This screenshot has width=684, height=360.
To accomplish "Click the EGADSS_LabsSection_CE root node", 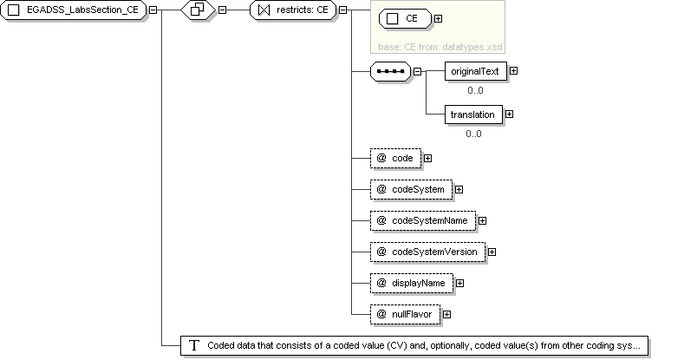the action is tap(74, 10).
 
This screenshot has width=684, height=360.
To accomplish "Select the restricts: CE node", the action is tap(293, 10).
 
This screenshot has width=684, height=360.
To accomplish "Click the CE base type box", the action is tap(405, 19).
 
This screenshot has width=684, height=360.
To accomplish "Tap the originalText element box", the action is tap(476, 71).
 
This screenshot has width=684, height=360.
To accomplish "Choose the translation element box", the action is tap(473, 115).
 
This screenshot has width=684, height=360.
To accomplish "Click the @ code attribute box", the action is tap(395, 159).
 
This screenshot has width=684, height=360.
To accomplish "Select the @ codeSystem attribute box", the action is tap(412, 189).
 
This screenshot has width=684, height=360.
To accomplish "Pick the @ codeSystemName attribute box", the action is tap(423, 221).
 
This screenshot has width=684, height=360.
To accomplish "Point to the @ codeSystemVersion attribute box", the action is tap(428, 252).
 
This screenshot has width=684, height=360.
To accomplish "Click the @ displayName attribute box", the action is tap(412, 283).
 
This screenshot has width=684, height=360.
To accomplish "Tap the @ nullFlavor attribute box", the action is tap(405, 314).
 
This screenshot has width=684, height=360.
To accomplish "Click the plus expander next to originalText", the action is tap(514, 70).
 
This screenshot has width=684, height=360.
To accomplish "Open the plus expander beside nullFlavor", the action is tap(446, 314).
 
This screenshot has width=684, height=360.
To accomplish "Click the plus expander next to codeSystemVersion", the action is tap(492, 252).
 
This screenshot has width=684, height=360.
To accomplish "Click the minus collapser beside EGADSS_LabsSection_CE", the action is tap(153, 10).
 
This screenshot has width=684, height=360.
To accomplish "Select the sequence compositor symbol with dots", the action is tap(390, 71).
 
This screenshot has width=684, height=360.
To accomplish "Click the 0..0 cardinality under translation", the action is tap(473, 134).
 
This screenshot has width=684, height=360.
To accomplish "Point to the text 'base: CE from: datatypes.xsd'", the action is tap(440, 47).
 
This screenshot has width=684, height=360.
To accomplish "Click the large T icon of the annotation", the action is tap(194, 345).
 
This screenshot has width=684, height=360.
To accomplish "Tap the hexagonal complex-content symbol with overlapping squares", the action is tap(198, 10).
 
